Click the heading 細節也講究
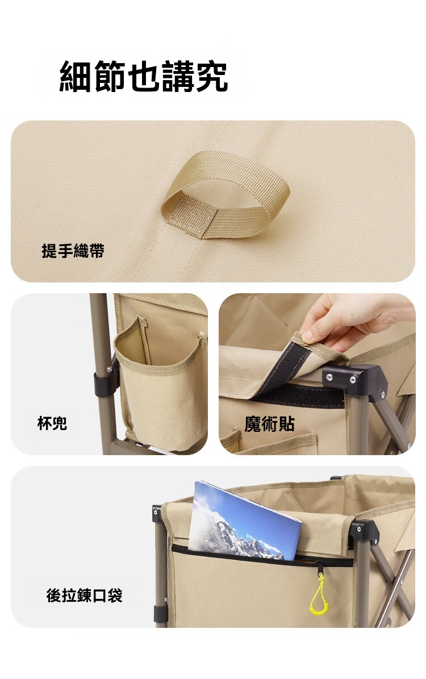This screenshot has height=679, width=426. pyautogui.click(x=143, y=77)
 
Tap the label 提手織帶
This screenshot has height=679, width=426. pyautogui.click(x=73, y=251)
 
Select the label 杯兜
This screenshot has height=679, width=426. pyautogui.click(x=52, y=423)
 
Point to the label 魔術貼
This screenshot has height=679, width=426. pyautogui.click(x=269, y=424)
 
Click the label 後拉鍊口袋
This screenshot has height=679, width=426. pyautogui.click(x=85, y=595)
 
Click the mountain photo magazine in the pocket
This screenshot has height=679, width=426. pyautogui.click(x=245, y=522)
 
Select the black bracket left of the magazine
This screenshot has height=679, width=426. pyautogui.click(x=157, y=514)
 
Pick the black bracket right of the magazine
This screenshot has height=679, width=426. pyautogui.click(x=364, y=532)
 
